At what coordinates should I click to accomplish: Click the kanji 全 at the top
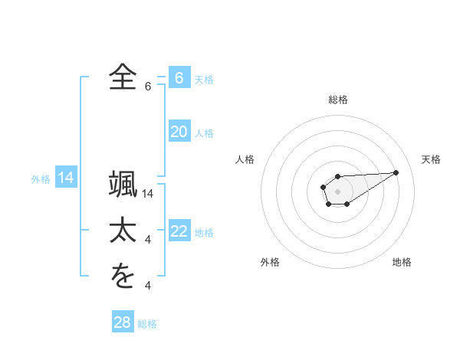[122, 77]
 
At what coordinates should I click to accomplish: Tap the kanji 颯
[122, 186]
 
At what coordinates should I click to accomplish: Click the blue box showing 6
[179, 78]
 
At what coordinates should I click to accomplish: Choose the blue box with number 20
[179, 132]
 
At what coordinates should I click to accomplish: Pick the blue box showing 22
[179, 231]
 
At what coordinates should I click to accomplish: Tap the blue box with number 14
[66, 178]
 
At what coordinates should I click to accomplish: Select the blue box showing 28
[122, 322]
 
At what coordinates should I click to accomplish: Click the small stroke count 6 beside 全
[147, 87]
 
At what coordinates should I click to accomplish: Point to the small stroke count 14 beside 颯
[149, 195]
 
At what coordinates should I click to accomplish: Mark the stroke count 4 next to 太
[147, 241]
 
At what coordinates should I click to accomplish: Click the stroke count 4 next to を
[147, 286]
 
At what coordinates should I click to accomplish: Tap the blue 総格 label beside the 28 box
[147, 323]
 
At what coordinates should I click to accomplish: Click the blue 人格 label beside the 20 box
[204, 133]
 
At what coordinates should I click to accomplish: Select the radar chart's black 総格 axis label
[337, 100]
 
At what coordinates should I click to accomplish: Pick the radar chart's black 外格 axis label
[269, 262]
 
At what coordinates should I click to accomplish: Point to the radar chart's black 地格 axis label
[402, 262]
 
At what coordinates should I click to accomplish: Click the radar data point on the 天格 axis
[396, 172]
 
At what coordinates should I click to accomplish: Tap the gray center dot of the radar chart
[337, 190]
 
